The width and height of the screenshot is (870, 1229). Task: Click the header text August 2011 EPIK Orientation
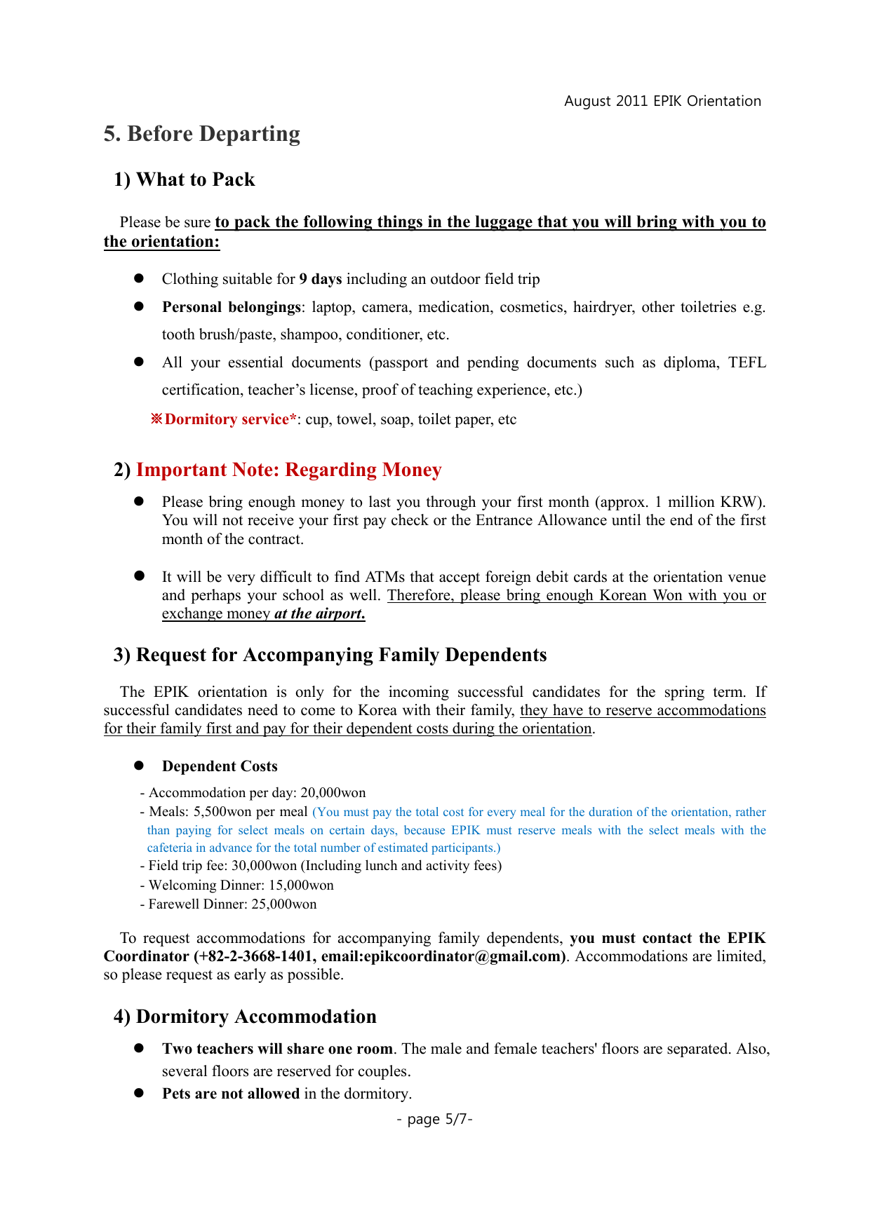[x=662, y=101]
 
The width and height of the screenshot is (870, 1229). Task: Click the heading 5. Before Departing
[x=202, y=134]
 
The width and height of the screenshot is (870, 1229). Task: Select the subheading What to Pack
[x=195, y=179]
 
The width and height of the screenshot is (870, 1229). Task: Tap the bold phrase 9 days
[x=321, y=279]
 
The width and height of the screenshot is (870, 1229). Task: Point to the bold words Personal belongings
[x=232, y=307]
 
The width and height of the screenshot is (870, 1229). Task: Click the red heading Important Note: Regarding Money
[x=288, y=470]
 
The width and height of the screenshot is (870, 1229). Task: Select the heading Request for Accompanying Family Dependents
[x=341, y=655]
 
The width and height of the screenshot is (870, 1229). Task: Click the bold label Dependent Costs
[x=220, y=766]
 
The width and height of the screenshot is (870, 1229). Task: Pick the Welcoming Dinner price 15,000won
[x=301, y=885]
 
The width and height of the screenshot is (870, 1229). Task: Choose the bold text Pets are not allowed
[x=231, y=1094]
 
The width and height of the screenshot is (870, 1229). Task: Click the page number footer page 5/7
[x=434, y=1119]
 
